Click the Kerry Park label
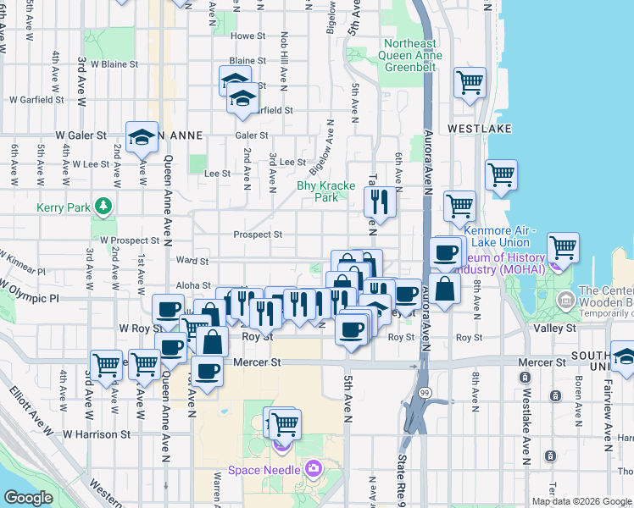(x=64, y=207)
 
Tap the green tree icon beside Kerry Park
(x=103, y=206)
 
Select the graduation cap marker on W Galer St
(x=142, y=136)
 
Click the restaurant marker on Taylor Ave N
(x=380, y=202)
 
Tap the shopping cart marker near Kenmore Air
(x=562, y=247)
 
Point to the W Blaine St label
(x=114, y=63)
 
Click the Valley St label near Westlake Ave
(x=554, y=328)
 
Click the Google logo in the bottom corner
(x=28, y=497)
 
